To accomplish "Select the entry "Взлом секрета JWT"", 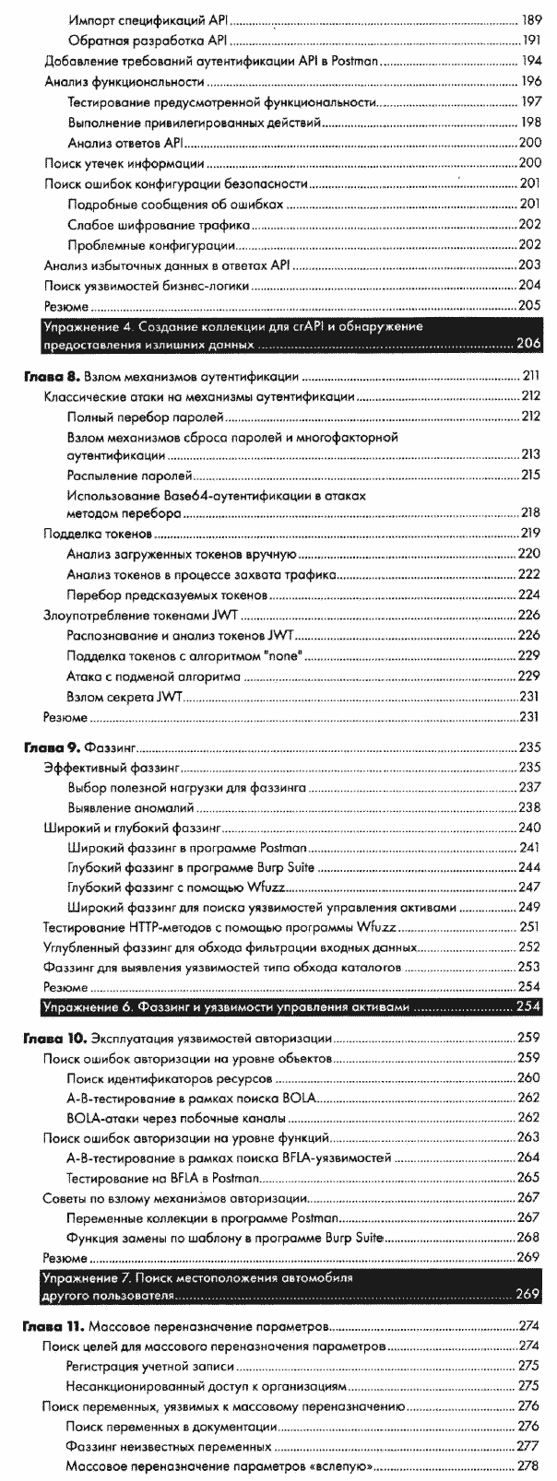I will (x=123, y=696).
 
